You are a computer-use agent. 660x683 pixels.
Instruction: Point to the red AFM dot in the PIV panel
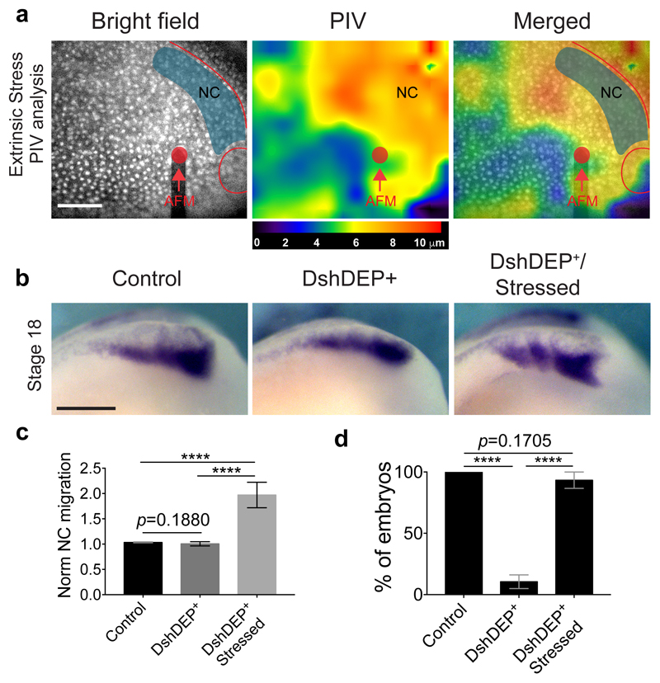(379, 154)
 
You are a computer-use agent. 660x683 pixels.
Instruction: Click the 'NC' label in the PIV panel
(407, 92)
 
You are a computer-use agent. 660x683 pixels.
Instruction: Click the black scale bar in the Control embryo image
(85, 407)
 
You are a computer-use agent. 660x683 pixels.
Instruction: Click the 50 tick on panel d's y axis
(431, 534)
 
